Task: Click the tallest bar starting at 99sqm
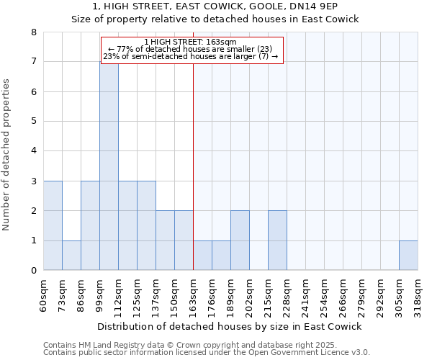click(x=109, y=166)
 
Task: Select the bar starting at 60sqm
click(x=53, y=225)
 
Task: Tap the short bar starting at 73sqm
click(x=71, y=255)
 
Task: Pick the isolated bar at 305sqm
click(x=408, y=255)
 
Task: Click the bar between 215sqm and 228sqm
click(x=277, y=240)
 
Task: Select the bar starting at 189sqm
click(x=240, y=240)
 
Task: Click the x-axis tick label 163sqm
click(x=194, y=295)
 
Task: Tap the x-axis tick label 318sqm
click(x=418, y=295)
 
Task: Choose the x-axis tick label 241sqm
click(x=306, y=295)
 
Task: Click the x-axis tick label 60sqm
click(x=44, y=295)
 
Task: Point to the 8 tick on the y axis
click(x=33, y=32)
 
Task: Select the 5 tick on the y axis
click(x=33, y=122)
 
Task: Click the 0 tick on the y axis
click(x=33, y=271)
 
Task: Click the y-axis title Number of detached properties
click(x=7, y=155)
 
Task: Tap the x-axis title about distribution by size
click(x=229, y=326)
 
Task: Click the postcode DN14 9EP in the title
click(x=331, y=6)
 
